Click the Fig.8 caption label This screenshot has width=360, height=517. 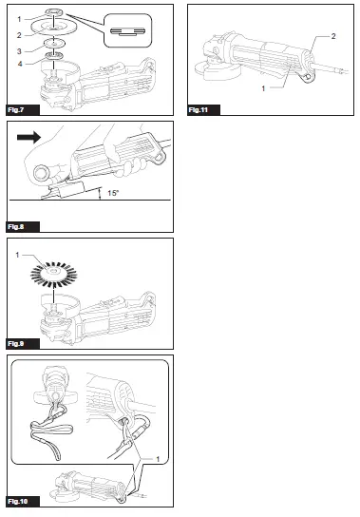click(x=18, y=227)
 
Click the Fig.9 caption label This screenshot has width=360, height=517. click(x=18, y=342)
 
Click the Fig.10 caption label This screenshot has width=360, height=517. click(x=20, y=500)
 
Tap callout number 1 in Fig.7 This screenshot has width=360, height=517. click(x=18, y=20)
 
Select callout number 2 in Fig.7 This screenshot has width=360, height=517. click(x=18, y=34)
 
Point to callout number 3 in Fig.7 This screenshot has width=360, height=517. click(x=18, y=50)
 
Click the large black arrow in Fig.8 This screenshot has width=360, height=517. click(x=27, y=137)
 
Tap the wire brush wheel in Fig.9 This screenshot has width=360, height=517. click(x=55, y=273)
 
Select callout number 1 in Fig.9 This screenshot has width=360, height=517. click(x=17, y=254)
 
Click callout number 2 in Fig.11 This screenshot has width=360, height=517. click(x=333, y=34)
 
